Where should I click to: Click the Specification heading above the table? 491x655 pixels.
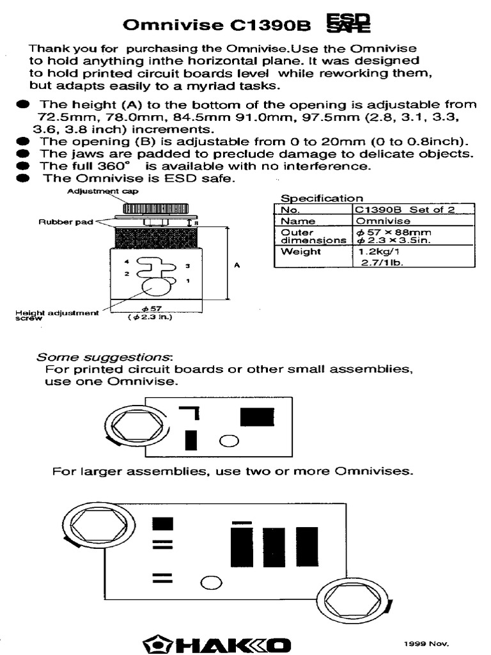322,198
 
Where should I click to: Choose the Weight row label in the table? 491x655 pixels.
295,252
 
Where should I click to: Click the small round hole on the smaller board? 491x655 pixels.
228,440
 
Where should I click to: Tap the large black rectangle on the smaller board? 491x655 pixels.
257,416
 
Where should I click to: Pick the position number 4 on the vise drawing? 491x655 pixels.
127,262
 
